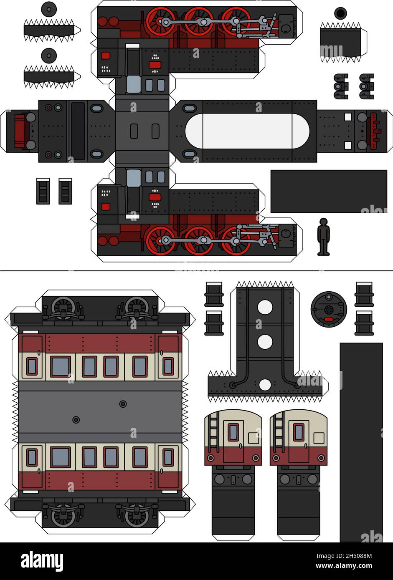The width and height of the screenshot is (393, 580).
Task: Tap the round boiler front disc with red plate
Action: tap(329, 309)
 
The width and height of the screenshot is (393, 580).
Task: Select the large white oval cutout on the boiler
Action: tap(247, 131)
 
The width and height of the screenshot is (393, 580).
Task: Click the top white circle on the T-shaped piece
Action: tap(265, 307)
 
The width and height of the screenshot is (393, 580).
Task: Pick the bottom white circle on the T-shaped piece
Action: tap(265, 385)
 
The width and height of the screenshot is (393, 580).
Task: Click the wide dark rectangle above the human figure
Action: tap(329, 191)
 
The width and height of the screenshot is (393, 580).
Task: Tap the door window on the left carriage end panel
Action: tap(233, 432)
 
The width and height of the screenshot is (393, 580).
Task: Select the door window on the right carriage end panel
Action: tap(298, 432)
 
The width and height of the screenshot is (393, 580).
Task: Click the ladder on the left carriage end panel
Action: tap(213, 431)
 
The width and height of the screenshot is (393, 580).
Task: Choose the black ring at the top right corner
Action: tap(341, 13)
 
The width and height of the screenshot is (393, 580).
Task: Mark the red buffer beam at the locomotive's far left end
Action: tap(20, 131)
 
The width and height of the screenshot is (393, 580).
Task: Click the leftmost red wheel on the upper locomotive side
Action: tap(160, 22)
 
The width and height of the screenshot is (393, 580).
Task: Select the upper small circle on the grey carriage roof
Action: tap(123, 404)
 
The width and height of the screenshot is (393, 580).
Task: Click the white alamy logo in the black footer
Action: tap(42, 561)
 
